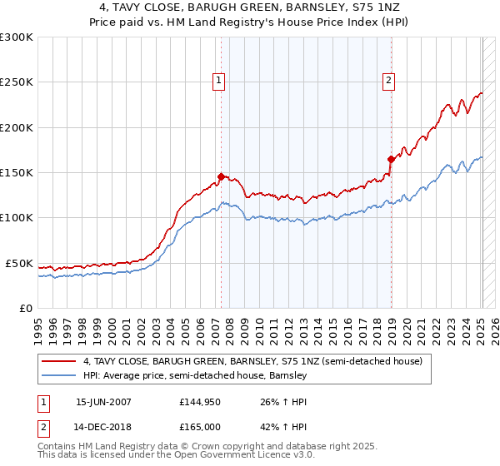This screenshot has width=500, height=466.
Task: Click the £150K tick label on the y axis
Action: coord(17,173)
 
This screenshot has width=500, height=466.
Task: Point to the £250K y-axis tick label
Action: coord(17,82)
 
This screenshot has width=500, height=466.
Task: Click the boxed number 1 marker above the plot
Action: coord(218,81)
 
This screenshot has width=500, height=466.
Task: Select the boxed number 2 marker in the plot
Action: coord(388,81)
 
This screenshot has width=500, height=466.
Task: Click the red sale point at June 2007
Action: coord(221,176)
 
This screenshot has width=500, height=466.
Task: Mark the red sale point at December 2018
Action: coord(391,159)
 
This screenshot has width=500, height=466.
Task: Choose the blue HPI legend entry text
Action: coord(195,376)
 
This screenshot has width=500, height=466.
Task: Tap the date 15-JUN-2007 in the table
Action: coord(103,402)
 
